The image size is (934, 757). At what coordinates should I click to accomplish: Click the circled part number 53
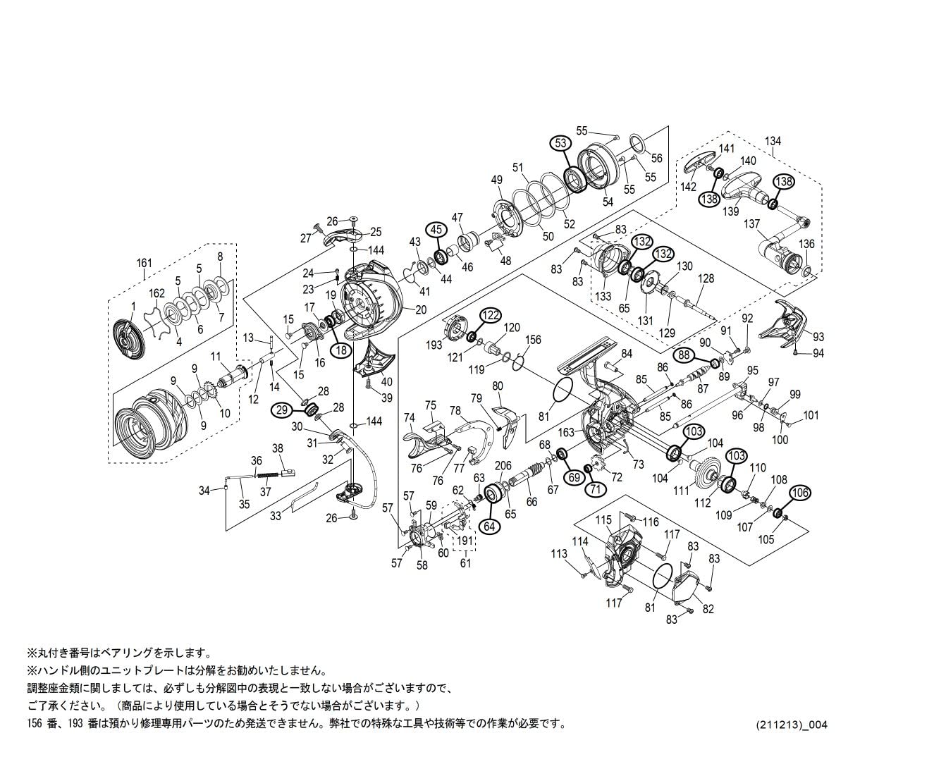[560, 143]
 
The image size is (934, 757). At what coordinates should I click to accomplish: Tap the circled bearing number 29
[283, 409]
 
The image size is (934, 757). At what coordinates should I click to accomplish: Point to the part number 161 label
[144, 264]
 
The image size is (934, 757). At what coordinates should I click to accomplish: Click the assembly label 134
[773, 142]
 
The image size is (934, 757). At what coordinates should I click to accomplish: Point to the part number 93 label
[818, 337]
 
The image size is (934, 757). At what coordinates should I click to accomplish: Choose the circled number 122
[491, 314]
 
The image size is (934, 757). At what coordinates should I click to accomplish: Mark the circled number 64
[491, 525]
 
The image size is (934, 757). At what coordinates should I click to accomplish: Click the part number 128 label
[706, 279]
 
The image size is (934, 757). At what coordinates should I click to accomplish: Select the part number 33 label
[276, 516]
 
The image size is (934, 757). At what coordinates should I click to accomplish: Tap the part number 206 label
[503, 465]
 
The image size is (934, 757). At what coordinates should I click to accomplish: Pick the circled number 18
[341, 348]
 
